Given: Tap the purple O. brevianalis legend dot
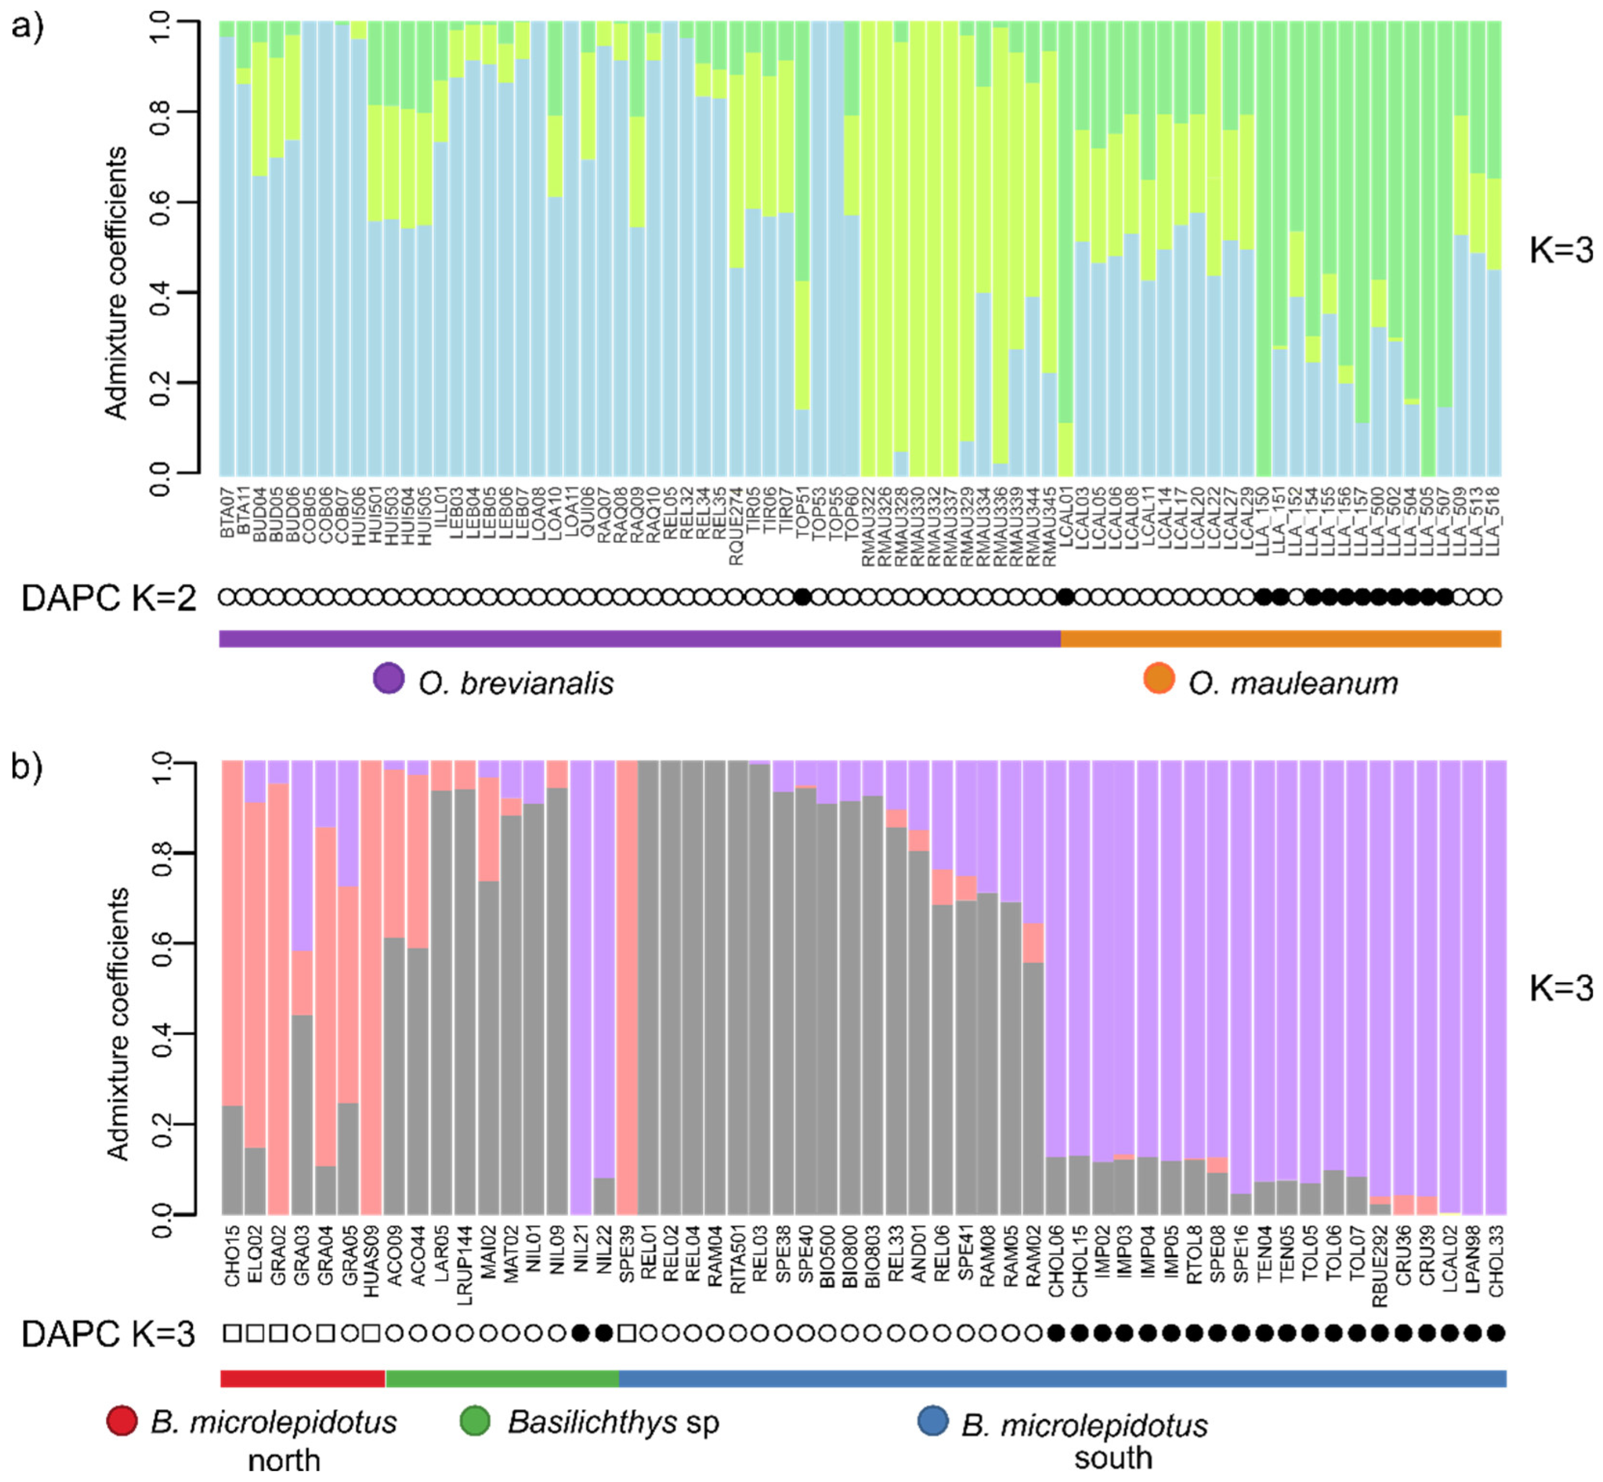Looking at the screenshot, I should [x=389, y=679].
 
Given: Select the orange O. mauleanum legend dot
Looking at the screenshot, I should [x=1158, y=679].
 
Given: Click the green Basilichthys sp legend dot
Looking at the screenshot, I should [x=475, y=1420].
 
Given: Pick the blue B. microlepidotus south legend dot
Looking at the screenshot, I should [x=932, y=1420].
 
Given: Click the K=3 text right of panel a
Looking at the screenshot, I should [x=1561, y=251].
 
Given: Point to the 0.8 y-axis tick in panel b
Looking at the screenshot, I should [x=161, y=853].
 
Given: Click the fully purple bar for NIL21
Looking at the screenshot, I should [x=581, y=986].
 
